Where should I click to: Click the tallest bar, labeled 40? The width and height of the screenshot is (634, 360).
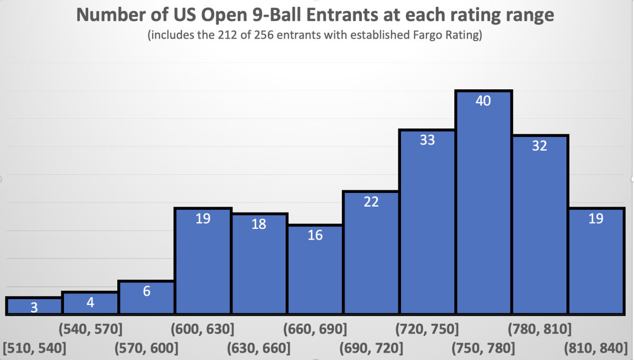pos(484,204)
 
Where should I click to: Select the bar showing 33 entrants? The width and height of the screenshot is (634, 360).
pos(427,222)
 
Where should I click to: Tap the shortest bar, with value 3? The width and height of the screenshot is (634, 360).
pos(34,306)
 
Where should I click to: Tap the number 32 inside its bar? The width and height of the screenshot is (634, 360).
pos(539,147)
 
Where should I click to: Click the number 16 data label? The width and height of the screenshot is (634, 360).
pos(315,235)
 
